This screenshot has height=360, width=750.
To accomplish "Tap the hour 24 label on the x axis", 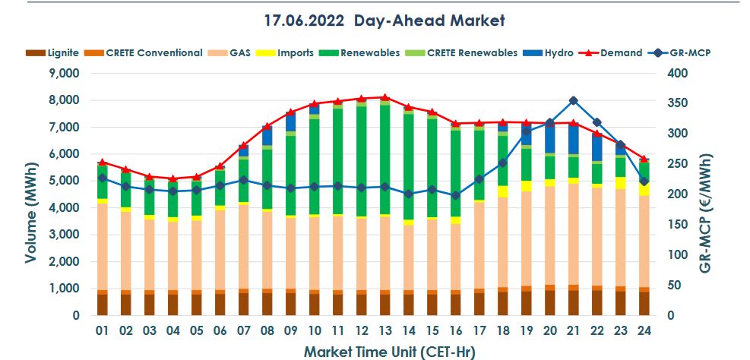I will coord(644,332).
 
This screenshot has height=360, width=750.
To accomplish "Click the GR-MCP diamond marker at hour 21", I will coord(573,100).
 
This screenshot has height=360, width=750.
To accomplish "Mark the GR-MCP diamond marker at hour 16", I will coord(455,195).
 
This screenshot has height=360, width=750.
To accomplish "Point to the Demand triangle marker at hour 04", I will coord(172,178).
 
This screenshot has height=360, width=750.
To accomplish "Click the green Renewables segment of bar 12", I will coord(361,159).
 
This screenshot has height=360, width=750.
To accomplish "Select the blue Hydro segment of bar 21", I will coord(573,138).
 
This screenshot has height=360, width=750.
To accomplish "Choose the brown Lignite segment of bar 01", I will coord(102,305).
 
